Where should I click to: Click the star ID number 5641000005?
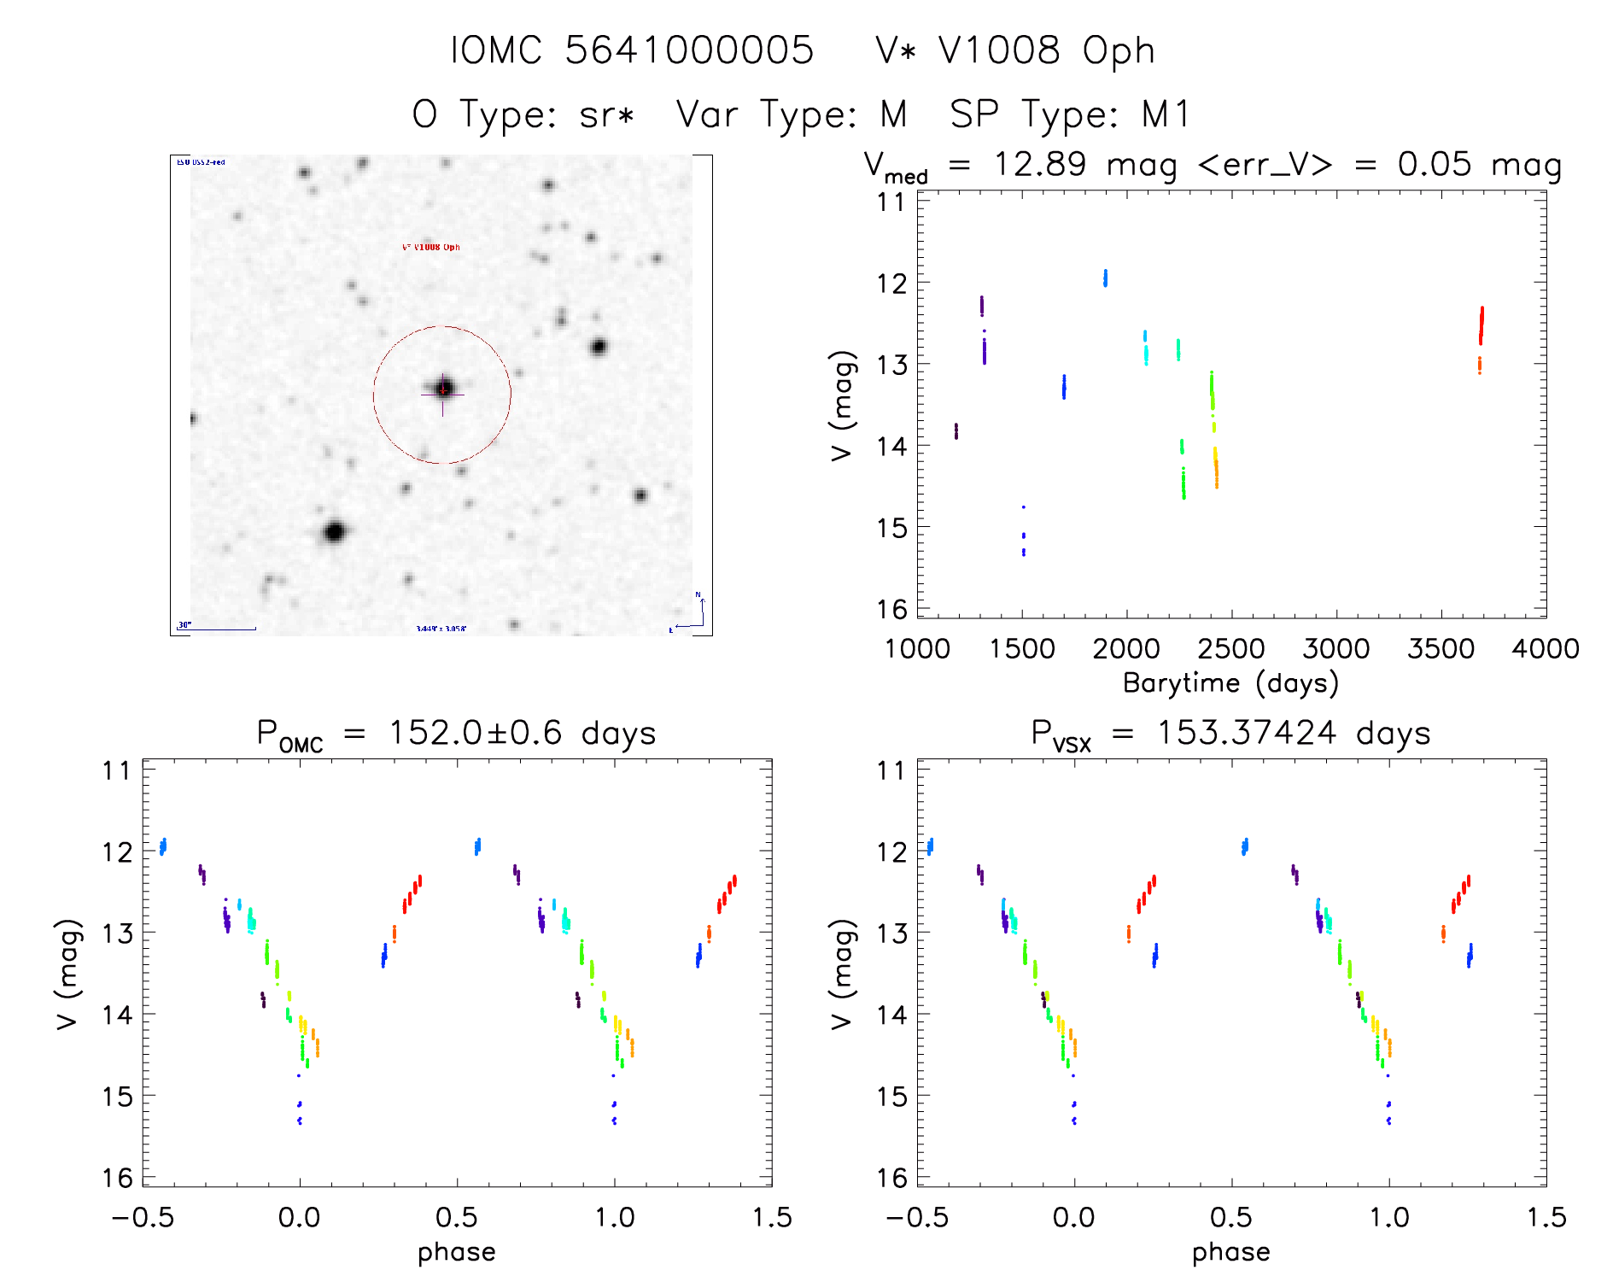[x=689, y=50]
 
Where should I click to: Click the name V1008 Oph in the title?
[x=1046, y=50]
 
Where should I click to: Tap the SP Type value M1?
[x=1166, y=114]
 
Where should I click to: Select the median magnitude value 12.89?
[x=1039, y=164]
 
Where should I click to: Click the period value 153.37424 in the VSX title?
[x=1246, y=733]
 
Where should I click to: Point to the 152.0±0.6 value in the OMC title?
[x=475, y=733]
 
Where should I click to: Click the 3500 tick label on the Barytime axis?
[x=1441, y=649]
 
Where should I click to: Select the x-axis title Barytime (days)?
[x=1230, y=683]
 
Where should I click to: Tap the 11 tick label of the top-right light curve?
[x=891, y=202]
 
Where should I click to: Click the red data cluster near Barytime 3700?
[x=1482, y=325]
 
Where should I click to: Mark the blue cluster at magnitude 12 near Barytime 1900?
[x=1105, y=278]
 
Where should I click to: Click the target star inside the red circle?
[x=443, y=389]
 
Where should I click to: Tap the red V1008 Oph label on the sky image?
[x=430, y=247]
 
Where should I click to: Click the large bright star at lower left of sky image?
[x=334, y=532]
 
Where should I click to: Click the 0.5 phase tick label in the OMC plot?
[x=457, y=1217]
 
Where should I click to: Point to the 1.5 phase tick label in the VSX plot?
[x=1546, y=1217]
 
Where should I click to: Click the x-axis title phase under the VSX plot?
[x=1230, y=1252]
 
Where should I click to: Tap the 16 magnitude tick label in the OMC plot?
[x=118, y=1178]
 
